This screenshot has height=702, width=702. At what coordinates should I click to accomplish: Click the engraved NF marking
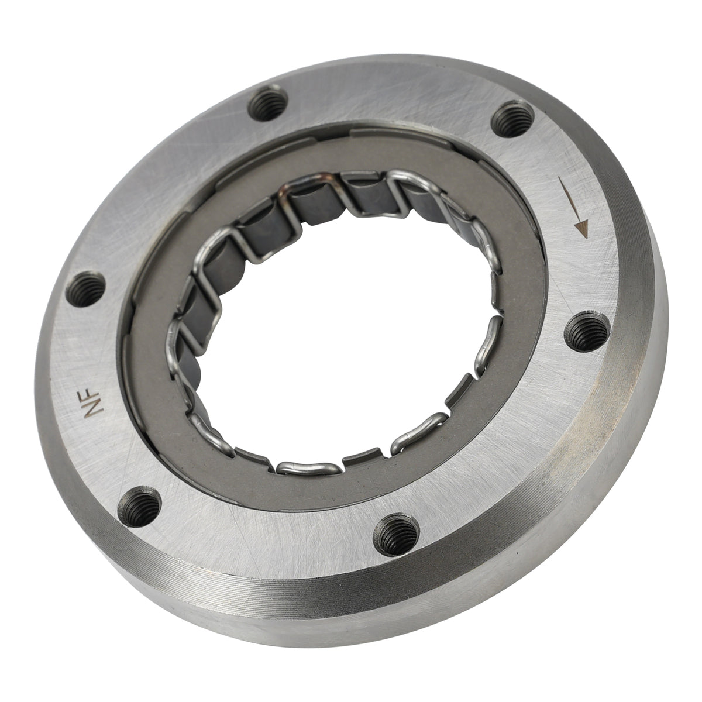(x=92, y=403)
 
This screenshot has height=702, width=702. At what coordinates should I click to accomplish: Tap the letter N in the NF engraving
(x=94, y=409)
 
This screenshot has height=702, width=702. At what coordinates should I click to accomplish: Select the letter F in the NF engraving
(x=91, y=395)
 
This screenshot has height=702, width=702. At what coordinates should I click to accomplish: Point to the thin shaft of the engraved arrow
(x=569, y=202)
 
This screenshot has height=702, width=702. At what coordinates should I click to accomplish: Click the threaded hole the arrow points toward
(x=587, y=332)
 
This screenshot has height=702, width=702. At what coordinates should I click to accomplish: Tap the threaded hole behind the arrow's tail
(x=512, y=118)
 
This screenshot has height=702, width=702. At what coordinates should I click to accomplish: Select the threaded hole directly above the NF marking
(x=85, y=289)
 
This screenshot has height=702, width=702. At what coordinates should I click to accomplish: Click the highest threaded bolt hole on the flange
(x=268, y=103)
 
